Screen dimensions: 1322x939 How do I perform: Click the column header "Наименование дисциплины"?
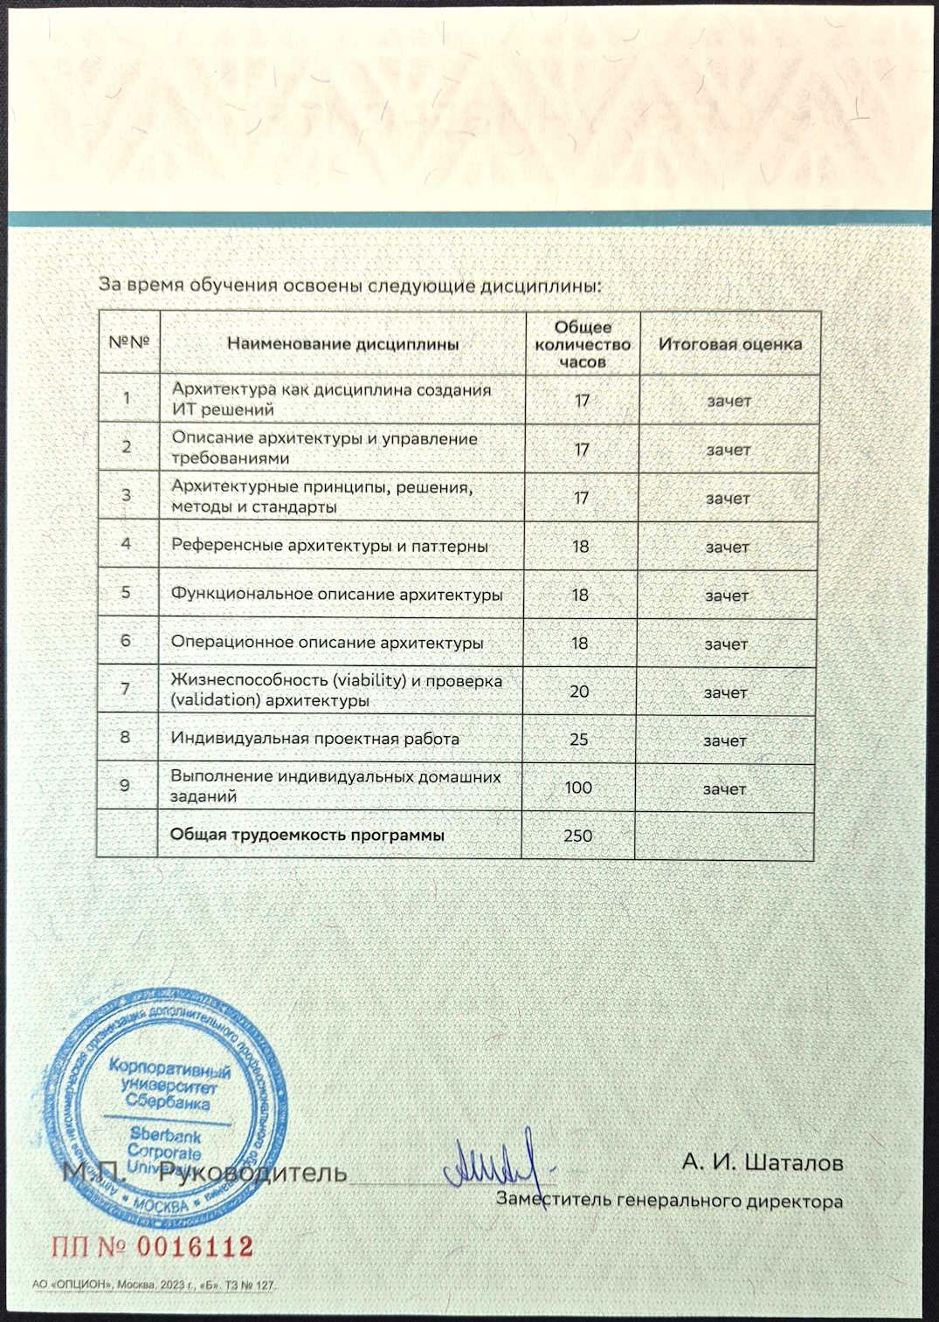pyautogui.click(x=342, y=344)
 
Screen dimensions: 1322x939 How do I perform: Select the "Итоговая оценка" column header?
pyautogui.click(x=729, y=344)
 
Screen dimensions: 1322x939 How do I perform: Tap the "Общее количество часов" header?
pyautogui.click(x=583, y=344)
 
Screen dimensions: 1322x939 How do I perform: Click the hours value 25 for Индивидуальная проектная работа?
pyautogui.click(x=578, y=739)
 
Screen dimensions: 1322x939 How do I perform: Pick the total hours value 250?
pyautogui.click(x=577, y=836)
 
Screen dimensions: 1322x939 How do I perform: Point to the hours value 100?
pyautogui.click(x=577, y=788)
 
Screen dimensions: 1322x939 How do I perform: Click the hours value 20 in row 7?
pyautogui.click(x=579, y=691)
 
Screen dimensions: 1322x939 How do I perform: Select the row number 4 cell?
pyautogui.click(x=126, y=544)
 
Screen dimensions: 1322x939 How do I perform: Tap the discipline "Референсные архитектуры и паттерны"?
pyautogui.click(x=329, y=546)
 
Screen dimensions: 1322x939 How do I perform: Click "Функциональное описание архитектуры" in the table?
pyautogui.click(x=336, y=595)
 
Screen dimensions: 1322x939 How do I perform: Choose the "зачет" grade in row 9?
pyautogui.click(x=724, y=788)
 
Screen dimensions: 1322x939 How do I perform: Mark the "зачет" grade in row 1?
pyautogui.click(x=728, y=401)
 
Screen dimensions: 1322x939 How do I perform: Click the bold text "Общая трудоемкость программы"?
pyautogui.click(x=307, y=835)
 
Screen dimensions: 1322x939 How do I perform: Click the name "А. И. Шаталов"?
pyautogui.click(x=762, y=1162)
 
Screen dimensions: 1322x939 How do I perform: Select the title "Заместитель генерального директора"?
pyautogui.click(x=669, y=1200)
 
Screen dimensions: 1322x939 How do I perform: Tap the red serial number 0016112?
pyautogui.click(x=195, y=1246)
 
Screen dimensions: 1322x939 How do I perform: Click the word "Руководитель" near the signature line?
pyautogui.click(x=252, y=1172)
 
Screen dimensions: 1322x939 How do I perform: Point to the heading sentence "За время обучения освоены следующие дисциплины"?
pyautogui.click(x=349, y=286)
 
